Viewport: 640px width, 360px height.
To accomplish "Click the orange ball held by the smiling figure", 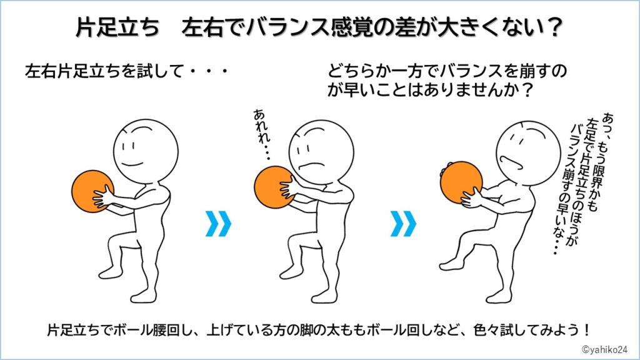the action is pyautogui.click(x=92, y=191).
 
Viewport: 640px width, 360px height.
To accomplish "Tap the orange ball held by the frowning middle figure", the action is pyautogui.click(x=274, y=187).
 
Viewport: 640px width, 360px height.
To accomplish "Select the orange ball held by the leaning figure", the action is pyautogui.click(x=461, y=182).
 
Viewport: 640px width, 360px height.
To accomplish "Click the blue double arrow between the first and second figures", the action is pyautogui.click(x=218, y=224).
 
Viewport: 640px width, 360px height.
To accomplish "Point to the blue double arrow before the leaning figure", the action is pyautogui.click(x=403, y=224).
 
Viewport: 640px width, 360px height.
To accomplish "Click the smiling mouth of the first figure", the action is pyautogui.click(x=132, y=165).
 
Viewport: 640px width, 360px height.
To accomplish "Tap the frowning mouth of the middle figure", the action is pyautogui.click(x=311, y=165).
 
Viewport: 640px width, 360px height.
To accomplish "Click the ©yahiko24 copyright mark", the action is pyautogui.click(x=604, y=349).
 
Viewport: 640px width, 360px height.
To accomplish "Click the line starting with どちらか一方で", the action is pyautogui.click(x=447, y=71).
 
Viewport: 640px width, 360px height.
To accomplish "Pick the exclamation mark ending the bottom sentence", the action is pyautogui.click(x=586, y=329).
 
